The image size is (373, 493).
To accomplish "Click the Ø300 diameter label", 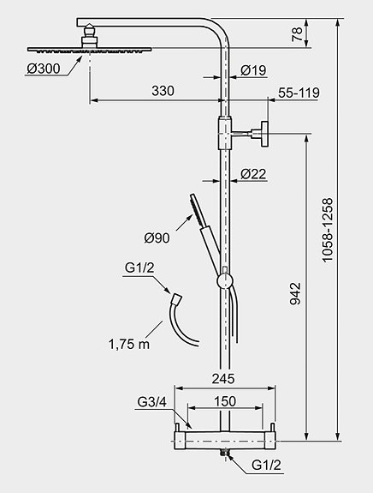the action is click(44, 69).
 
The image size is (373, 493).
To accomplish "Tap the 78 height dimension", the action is click(297, 34).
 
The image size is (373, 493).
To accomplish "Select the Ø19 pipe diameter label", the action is click(253, 70).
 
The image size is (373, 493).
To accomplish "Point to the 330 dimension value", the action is click(163, 91).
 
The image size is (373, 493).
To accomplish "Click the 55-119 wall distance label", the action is click(299, 93).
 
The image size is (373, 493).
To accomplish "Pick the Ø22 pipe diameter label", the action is click(253, 174).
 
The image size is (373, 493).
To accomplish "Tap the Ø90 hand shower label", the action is click(157, 238).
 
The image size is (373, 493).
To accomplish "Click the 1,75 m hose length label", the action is click(129, 345).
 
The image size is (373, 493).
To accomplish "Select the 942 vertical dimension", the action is click(295, 294).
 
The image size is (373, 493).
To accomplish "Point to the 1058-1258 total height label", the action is click(327, 230).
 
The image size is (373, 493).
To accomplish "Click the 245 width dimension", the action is click(223, 379).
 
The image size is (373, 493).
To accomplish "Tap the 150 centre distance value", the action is click(225, 401).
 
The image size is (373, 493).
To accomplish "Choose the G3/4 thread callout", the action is click(151, 402).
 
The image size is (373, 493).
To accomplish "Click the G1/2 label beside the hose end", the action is click(139, 268).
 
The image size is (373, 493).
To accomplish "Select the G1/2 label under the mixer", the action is click(266, 465).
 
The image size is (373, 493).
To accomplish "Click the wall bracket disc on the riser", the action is click(264, 134).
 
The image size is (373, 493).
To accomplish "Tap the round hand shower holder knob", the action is click(225, 280).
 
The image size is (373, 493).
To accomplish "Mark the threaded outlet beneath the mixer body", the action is click(225, 453).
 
